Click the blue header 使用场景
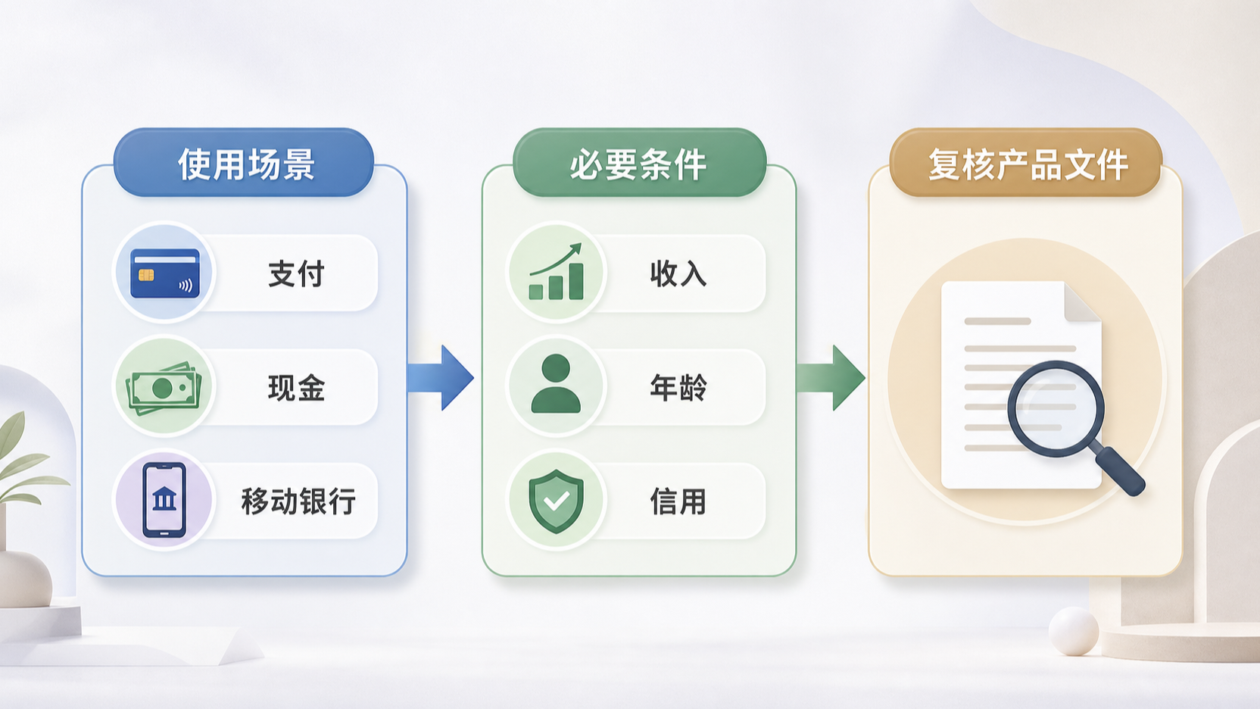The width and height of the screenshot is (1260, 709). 244,163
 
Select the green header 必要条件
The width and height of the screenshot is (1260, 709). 640,163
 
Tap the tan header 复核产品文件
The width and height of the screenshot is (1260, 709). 1026,163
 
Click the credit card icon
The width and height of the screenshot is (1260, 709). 165,273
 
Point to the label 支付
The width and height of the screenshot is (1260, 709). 296,273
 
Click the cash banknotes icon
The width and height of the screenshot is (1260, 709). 164,387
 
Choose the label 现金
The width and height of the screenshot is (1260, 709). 296,388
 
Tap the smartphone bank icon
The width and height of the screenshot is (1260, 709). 164,500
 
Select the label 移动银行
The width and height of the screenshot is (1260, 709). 298,501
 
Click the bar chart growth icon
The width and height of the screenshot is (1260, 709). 557,272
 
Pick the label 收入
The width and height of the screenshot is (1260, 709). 678,274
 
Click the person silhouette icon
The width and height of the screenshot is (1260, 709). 556,384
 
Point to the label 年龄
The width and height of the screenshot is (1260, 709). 678,388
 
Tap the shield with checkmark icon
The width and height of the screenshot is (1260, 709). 557,501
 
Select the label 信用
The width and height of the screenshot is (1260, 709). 678,501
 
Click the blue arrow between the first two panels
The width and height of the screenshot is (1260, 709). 441,377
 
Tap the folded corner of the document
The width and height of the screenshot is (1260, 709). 1082,302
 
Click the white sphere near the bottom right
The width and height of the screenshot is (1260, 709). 1074,631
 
